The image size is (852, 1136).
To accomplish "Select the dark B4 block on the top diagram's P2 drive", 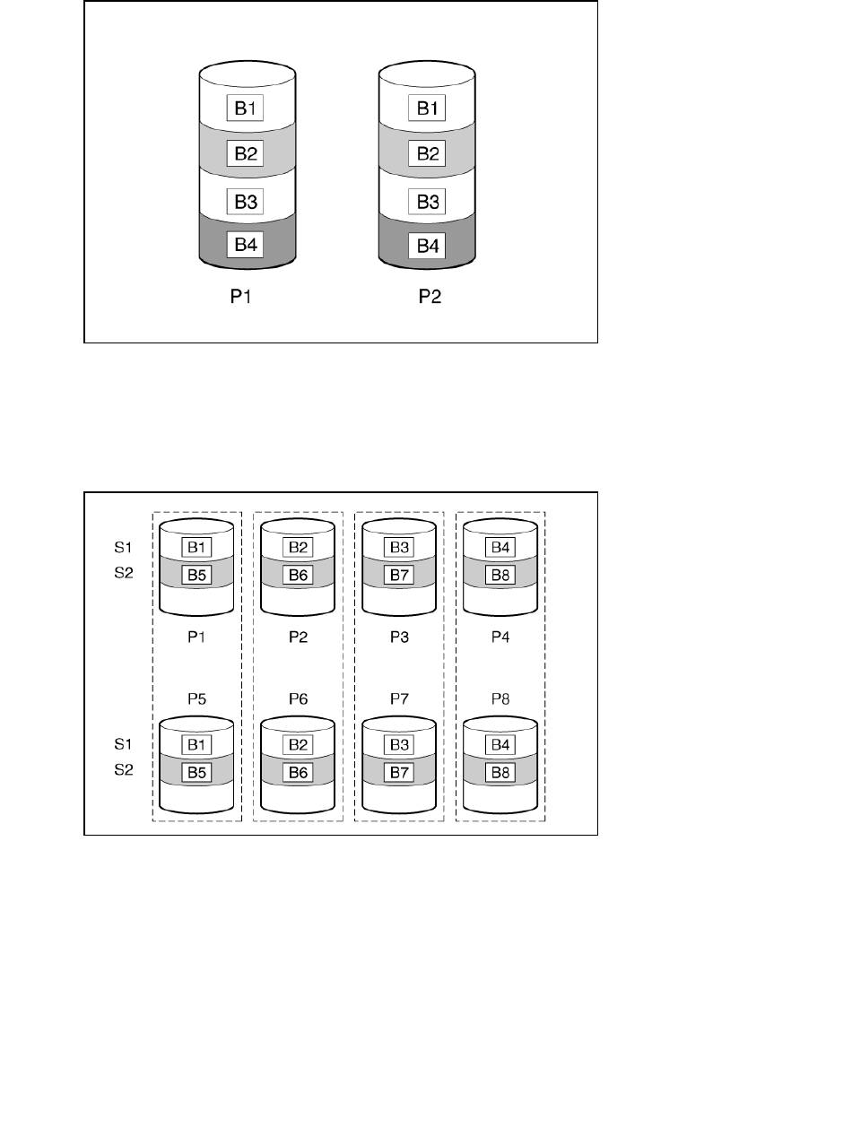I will point(426,244).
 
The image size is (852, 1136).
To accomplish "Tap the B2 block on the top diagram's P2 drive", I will point(426,153).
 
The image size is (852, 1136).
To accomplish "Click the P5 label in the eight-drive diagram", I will point(197,698).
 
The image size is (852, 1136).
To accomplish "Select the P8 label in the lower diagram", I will point(501,698).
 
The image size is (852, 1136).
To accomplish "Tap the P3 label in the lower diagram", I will point(400,637).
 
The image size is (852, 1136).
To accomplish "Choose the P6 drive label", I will point(299,698).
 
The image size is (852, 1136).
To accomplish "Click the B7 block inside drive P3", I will point(400,574).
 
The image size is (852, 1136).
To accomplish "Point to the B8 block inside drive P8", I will point(501,771).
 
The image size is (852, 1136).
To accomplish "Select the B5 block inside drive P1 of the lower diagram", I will point(196,574).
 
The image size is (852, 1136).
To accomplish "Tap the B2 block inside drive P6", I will point(299,744).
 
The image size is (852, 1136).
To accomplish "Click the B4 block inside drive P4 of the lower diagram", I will point(501,547).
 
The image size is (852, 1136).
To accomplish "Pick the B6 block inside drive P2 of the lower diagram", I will point(299,574).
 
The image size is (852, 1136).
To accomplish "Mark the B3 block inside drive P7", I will point(400,744).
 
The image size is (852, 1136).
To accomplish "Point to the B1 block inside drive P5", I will point(196,744).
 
